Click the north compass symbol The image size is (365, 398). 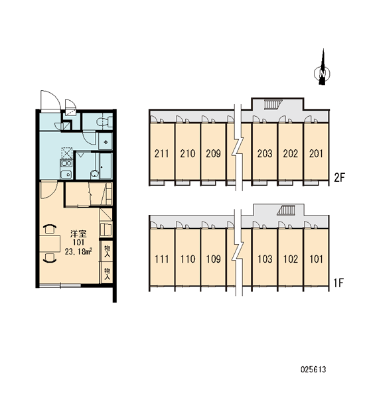click(x=322, y=70)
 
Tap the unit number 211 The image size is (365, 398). click(x=161, y=154)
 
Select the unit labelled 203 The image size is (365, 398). click(x=265, y=154)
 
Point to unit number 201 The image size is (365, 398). click(x=316, y=154)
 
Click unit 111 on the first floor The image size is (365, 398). click(x=162, y=259)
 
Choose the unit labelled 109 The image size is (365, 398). click(x=214, y=259)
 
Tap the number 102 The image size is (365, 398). click(x=290, y=259)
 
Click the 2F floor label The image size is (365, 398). click(x=339, y=178)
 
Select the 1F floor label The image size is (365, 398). click(x=339, y=283)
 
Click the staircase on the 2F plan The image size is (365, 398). click(x=273, y=104)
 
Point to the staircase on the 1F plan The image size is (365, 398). click(x=286, y=210)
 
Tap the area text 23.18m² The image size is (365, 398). click(x=78, y=251)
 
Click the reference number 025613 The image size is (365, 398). click(x=313, y=369)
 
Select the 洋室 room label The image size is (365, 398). click(x=78, y=233)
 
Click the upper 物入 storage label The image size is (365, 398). click(x=108, y=251)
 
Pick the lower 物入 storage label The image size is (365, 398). click(x=108, y=274)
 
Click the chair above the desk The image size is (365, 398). click(x=50, y=229)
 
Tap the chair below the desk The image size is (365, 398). click(x=50, y=258)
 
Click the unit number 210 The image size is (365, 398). click(x=187, y=154)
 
